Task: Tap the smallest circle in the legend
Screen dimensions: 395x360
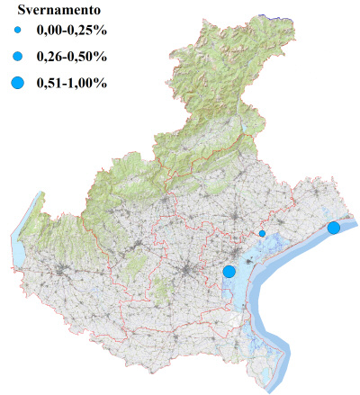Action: pyautogui.click(x=17, y=32)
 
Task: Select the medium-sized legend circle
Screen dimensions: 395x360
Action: pyautogui.click(x=17, y=58)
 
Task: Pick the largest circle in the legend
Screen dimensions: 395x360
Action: pyautogui.click(x=17, y=84)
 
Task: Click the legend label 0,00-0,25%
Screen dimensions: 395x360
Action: pyautogui.click(x=72, y=32)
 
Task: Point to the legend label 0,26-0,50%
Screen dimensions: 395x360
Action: pyautogui.click(x=72, y=58)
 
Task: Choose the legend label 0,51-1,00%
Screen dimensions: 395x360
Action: pyautogui.click(x=72, y=84)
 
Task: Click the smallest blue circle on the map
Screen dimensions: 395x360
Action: pyautogui.click(x=262, y=234)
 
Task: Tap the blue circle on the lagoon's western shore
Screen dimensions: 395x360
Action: pyautogui.click(x=229, y=271)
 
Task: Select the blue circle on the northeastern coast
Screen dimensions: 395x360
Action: pyautogui.click(x=334, y=228)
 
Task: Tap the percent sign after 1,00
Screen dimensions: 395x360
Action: pyautogui.click(x=102, y=84)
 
